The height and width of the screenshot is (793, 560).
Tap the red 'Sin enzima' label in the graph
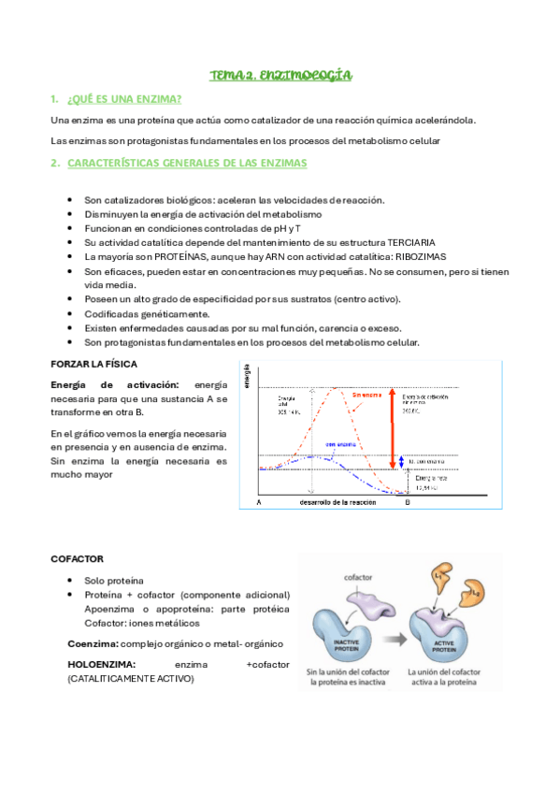click(342, 396)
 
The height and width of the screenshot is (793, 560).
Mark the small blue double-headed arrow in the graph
click(401, 462)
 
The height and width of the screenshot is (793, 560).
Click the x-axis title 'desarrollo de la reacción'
click(337, 503)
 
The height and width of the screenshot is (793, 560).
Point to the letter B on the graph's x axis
click(407, 503)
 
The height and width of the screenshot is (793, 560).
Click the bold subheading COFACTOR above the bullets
click(77, 559)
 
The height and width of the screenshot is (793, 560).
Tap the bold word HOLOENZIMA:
click(102, 664)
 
